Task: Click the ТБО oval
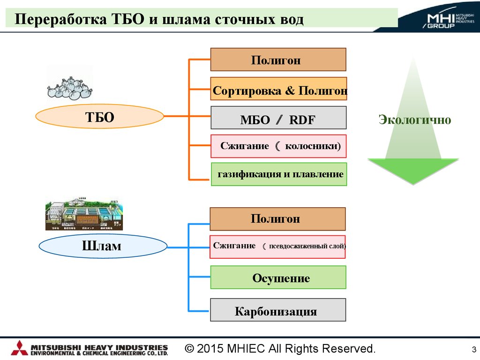click(x=99, y=117)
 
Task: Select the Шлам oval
click(x=103, y=246)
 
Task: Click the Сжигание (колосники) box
click(x=278, y=146)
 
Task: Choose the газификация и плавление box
click(x=279, y=174)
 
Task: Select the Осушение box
click(x=278, y=277)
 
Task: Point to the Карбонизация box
click(x=278, y=310)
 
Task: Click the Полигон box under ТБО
click(x=278, y=60)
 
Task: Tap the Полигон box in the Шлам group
click(x=277, y=219)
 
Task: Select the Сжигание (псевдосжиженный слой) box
click(x=277, y=247)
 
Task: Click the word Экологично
click(x=415, y=120)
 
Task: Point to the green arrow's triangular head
click(x=413, y=171)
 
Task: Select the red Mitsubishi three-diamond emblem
click(x=19, y=348)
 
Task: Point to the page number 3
click(x=474, y=349)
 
